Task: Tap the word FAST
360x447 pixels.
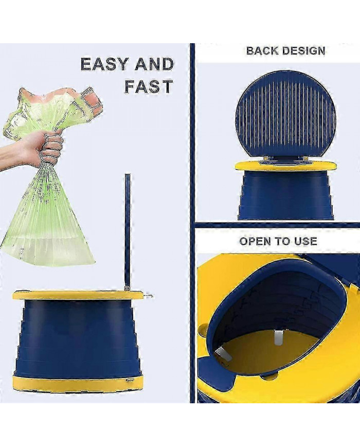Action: click(148, 86)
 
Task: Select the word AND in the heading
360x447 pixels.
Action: click(154, 65)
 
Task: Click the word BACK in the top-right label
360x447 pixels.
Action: click(263, 50)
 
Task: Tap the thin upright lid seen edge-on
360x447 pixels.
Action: click(127, 226)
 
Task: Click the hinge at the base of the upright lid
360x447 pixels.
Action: click(127, 287)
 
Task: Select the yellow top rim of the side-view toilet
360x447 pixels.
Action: click(77, 295)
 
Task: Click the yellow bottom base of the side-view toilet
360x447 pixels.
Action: click(77, 383)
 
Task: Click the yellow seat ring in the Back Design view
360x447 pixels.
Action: click(285, 166)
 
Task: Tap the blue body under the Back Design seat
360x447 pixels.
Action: click(285, 195)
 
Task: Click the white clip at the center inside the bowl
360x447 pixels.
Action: click(278, 337)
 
